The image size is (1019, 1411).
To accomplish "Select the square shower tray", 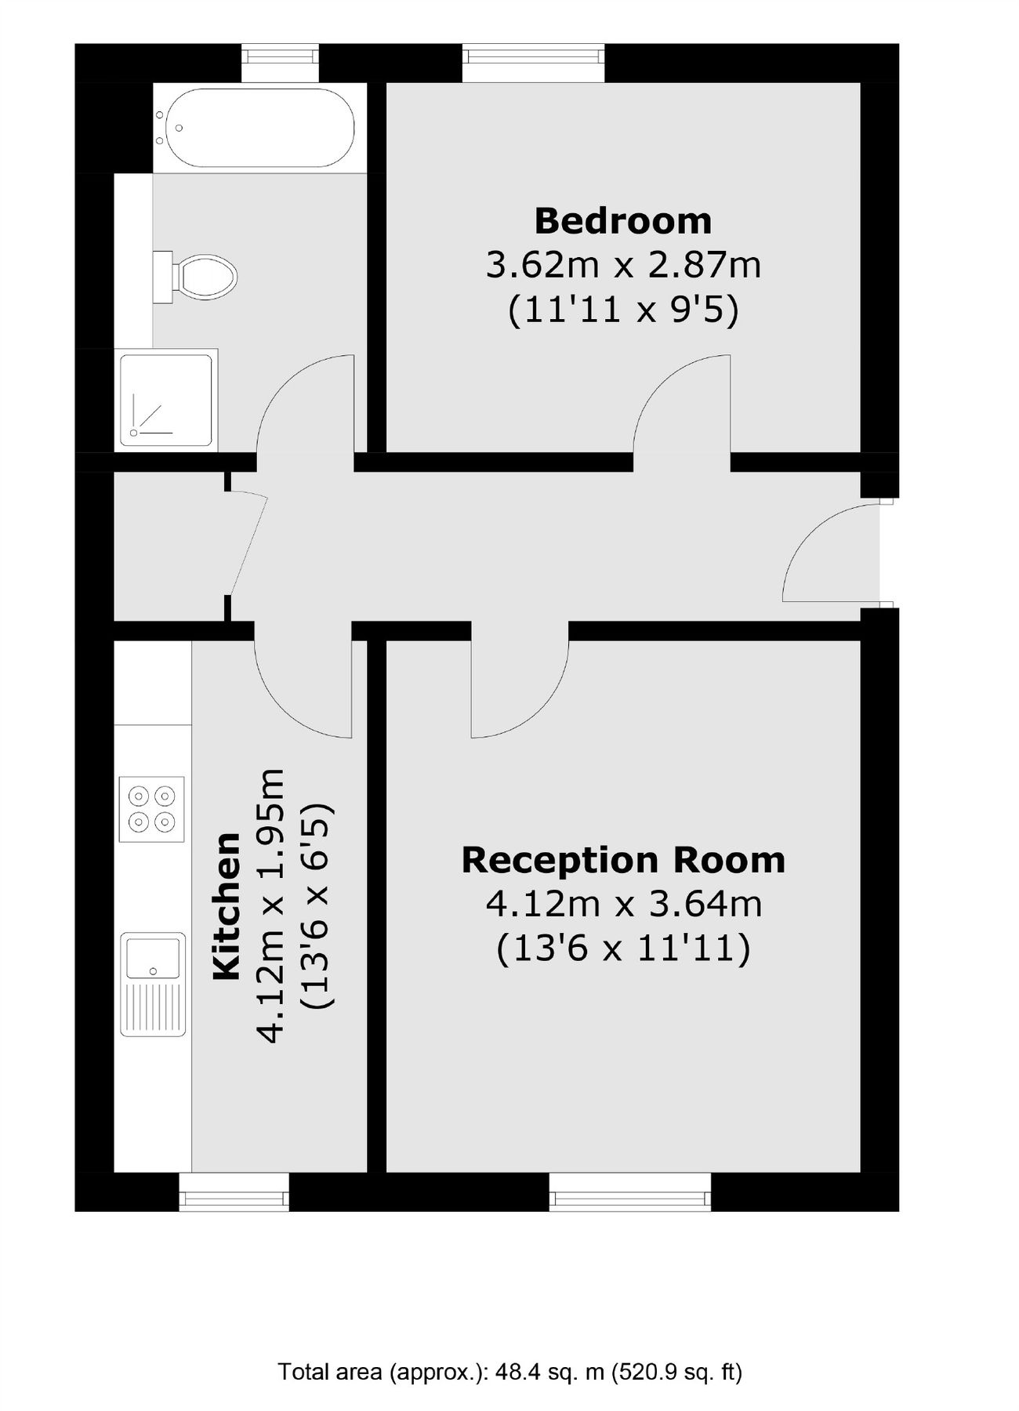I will [166, 400].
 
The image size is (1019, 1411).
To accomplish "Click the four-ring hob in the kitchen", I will [151, 809].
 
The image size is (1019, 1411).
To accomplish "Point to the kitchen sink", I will [153, 983].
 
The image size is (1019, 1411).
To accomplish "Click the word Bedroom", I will [623, 221].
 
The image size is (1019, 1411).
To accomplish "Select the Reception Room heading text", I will [623, 860].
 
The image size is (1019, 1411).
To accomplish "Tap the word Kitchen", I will [227, 906].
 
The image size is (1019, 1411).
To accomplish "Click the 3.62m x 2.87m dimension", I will [623, 265].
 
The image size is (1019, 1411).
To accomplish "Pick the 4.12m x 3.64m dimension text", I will [623, 904].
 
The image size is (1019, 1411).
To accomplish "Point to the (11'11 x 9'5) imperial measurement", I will [623, 310].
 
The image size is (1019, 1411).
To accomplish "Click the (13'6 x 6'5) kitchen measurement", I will [317, 905].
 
